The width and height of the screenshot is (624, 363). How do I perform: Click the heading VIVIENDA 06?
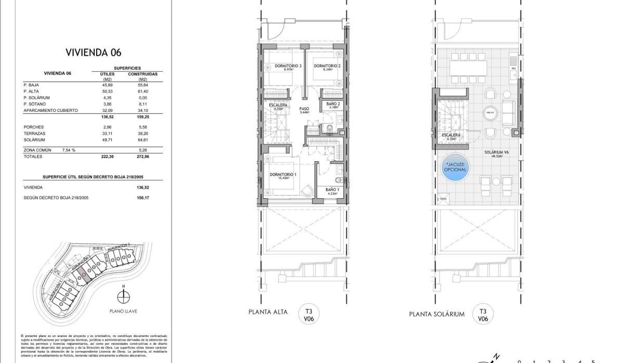coord(93,52)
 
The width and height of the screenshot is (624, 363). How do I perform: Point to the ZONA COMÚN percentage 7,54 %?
coord(68,150)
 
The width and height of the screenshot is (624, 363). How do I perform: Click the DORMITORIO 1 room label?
coord(283,175)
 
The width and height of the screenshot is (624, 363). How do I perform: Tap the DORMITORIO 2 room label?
coord(327,67)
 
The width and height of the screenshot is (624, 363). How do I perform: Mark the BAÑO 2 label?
coord(334,104)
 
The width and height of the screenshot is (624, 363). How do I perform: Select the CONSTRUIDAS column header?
coord(142,74)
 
